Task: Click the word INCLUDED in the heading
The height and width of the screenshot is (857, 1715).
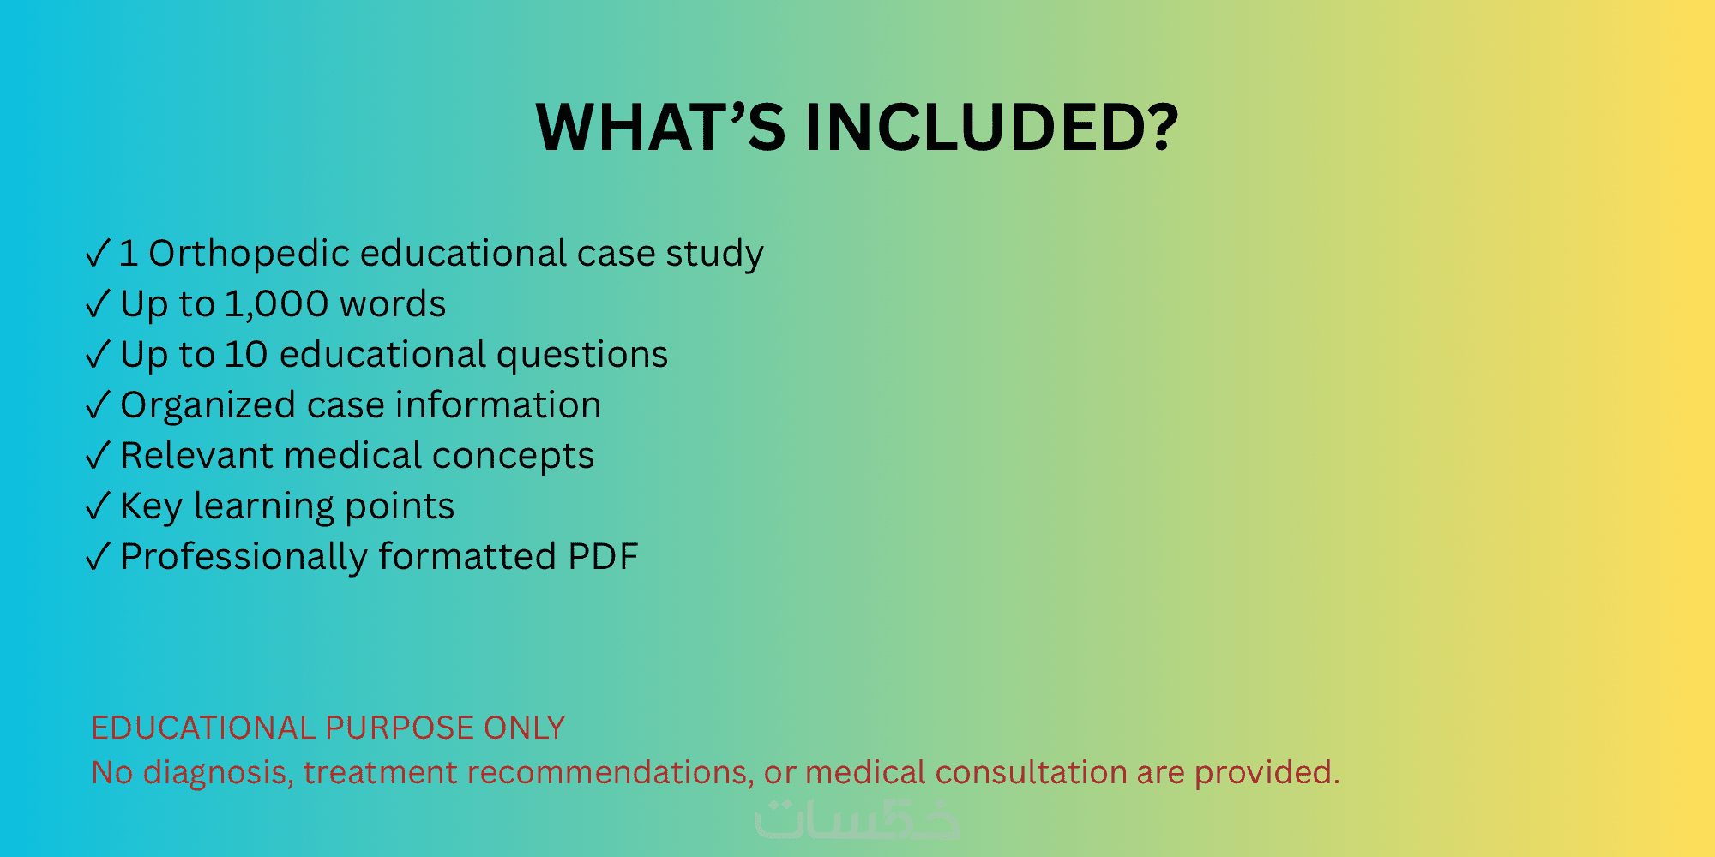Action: [991, 128]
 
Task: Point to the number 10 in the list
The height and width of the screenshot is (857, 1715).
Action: [246, 355]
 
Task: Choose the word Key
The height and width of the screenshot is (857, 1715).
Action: [151, 507]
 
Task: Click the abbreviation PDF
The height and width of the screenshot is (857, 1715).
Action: [604, 557]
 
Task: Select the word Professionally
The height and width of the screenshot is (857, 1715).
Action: [244, 558]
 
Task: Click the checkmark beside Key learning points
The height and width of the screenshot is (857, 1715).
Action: [99, 506]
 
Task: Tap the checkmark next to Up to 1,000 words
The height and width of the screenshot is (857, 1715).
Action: [99, 304]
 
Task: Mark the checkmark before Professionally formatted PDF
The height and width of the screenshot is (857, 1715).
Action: [99, 557]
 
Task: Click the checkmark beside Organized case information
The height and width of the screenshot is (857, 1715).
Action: [99, 405]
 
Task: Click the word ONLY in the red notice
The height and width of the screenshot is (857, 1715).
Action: [524, 728]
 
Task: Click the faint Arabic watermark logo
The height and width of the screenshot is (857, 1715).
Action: [857, 818]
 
